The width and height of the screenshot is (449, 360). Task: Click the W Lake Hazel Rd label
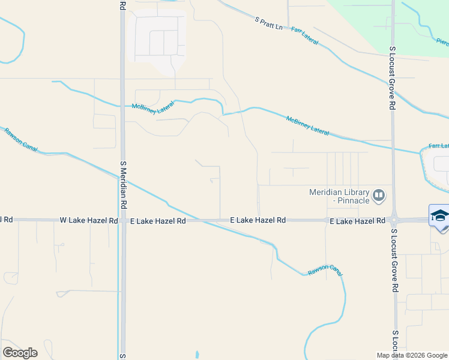click(x=89, y=221)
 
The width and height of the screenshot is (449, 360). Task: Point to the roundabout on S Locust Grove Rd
click(x=394, y=220)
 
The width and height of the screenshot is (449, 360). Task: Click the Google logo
click(x=20, y=352)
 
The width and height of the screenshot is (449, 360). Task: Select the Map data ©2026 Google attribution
click(x=412, y=355)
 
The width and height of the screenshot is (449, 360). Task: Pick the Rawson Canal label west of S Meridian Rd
click(x=20, y=139)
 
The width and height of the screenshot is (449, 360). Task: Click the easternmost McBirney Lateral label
click(x=308, y=125)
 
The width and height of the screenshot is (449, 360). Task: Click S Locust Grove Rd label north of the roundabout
click(x=393, y=78)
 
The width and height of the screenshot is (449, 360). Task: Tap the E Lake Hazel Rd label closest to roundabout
click(x=357, y=221)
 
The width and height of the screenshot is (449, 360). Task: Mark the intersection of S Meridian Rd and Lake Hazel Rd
click(x=123, y=221)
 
